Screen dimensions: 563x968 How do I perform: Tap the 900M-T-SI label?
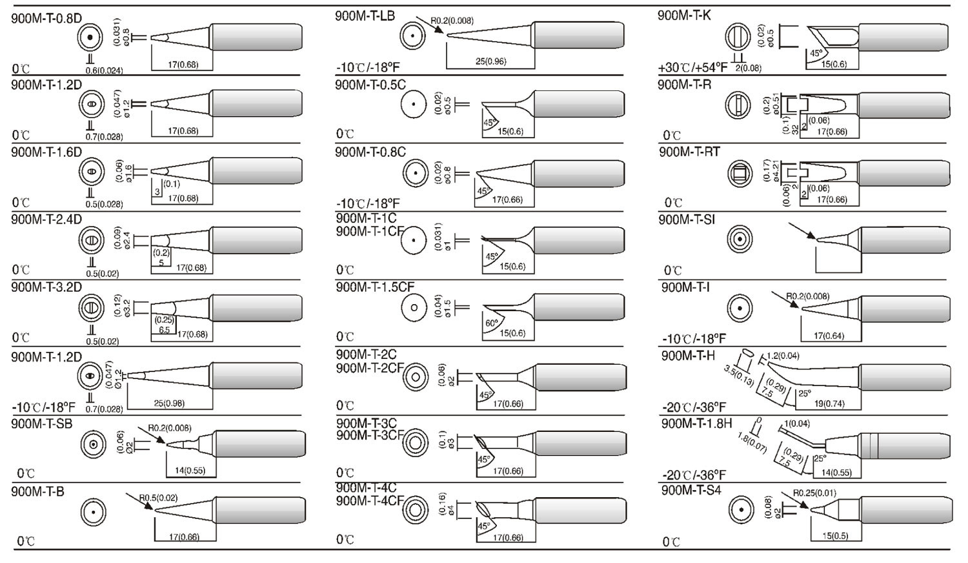pyautogui.click(x=687, y=220)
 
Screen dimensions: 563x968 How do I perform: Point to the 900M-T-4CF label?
pyautogui.click(x=370, y=500)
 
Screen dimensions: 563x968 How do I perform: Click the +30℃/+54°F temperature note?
pyautogui.click(x=692, y=67)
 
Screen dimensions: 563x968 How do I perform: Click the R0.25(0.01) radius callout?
pyautogui.click(x=814, y=493)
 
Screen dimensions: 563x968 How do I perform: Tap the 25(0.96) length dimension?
pyautogui.click(x=490, y=61)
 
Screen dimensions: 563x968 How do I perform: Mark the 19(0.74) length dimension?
pyautogui.click(x=829, y=404)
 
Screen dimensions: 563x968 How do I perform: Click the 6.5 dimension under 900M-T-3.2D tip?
pyautogui.click(x=165, y=330)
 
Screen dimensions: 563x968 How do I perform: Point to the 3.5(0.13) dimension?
pyautogui.click(x=739, y=376)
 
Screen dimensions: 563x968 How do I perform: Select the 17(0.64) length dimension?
pyautogui.click(x=829, y=336)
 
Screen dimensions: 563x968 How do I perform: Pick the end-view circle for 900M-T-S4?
pyautogui.click(x=741, y=512)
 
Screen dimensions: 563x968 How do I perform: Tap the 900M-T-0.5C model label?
pyautogui.click(x=370, y=85)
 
